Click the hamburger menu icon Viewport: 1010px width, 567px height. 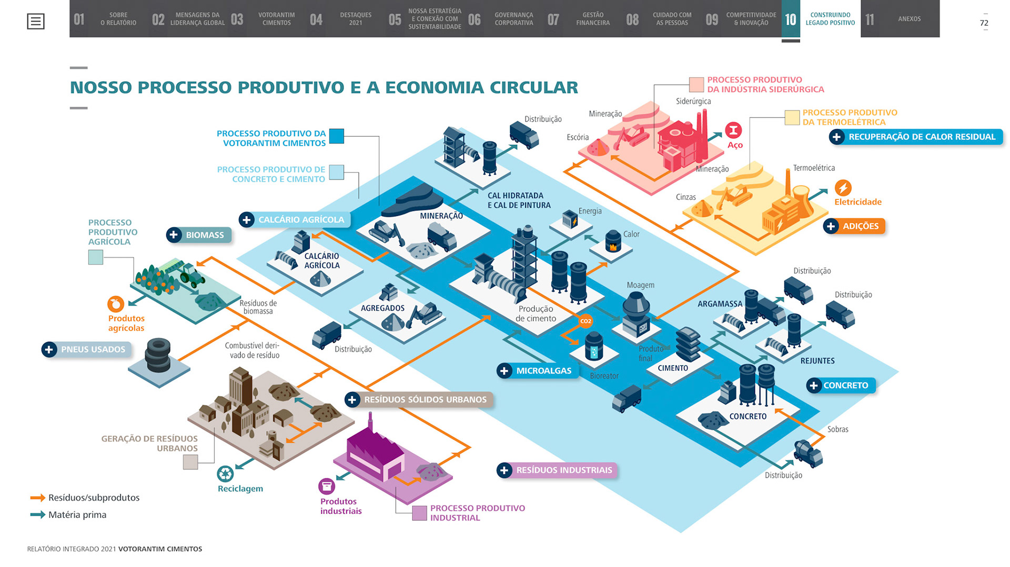[36, 22]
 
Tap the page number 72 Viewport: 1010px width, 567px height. [984, 23]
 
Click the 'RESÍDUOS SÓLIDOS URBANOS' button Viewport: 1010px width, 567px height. [419, 400]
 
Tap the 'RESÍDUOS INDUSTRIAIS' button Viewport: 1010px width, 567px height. [557, 470]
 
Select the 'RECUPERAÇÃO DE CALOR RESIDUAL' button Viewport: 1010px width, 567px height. [915, 137]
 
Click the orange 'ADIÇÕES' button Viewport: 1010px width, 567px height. [854, 226]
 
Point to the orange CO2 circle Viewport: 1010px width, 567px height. [585, 321]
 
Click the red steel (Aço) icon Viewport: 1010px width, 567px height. [733, 130]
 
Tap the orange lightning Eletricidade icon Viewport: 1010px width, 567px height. [843, 188]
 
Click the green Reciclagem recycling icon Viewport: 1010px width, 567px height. [226, 474]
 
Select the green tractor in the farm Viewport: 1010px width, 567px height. [191, 275]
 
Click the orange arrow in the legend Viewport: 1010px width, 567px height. [37, 498]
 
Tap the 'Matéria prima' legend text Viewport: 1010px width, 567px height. [77, 515]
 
